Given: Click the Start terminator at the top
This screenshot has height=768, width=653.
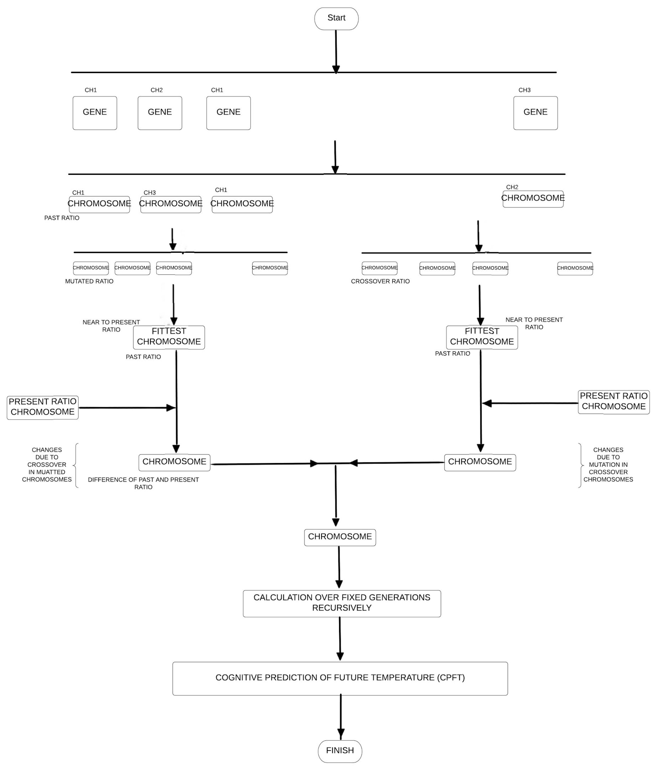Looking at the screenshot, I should [336, 19].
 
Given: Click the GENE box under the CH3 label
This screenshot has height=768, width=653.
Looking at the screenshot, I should [535, 113].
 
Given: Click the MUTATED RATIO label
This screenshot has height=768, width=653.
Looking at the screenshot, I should [89, 281].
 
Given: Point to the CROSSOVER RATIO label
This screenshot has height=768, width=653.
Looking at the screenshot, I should [380, 281].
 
